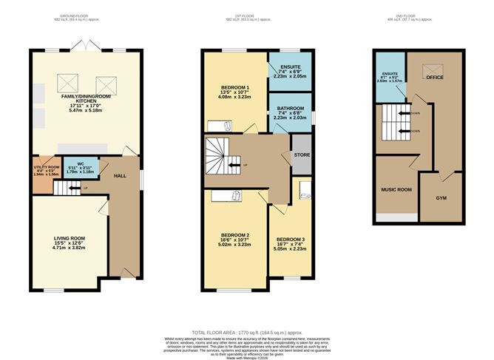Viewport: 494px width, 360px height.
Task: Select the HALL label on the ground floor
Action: pos(120,177)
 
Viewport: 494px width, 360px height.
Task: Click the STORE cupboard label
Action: pos(302,154)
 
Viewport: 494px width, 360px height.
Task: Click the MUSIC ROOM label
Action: pos(396,189)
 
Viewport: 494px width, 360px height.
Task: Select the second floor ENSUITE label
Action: pos(390,74)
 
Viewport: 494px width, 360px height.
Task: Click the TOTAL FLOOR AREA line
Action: pos(246,333)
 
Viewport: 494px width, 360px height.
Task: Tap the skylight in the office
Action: pos(427,72)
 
